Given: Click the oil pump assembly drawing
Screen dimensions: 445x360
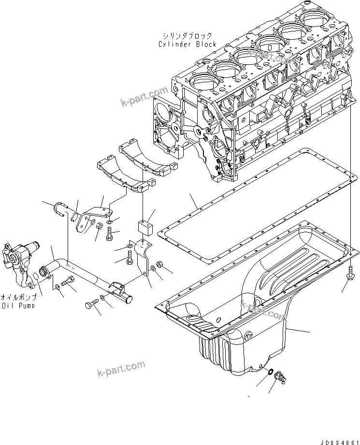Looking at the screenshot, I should click(19, 259).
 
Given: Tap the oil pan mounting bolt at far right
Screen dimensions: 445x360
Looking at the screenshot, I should click(349, 272).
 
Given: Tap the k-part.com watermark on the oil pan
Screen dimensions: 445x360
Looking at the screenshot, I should click(263, 310).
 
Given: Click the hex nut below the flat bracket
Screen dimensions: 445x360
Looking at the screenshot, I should click(98, 226).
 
